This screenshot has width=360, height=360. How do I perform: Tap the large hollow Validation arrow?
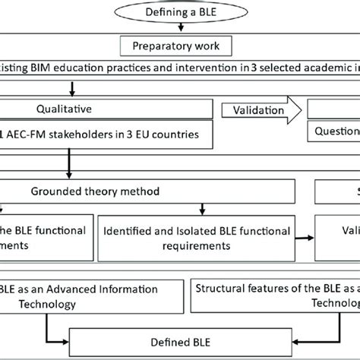tap(258, 109)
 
